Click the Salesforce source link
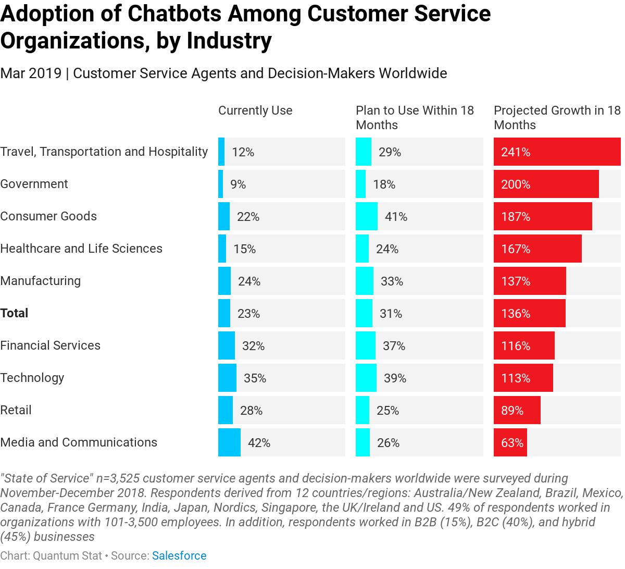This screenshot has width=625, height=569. (179, 556)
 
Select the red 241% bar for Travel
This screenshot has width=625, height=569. (557, 152)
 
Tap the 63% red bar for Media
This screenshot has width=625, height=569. (510, 442)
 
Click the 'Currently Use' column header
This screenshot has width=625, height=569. (255, 110)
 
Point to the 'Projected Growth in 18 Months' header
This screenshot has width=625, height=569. (557, 118)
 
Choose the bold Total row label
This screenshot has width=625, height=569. (14, 313)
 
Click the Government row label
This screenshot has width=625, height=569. (34, 184)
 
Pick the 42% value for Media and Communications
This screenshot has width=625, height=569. (259, 443)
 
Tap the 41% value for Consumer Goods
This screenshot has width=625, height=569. (396, 217)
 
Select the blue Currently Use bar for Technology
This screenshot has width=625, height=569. (227, 378)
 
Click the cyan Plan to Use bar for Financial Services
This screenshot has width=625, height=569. (365, 345)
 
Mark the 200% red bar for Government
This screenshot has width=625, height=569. (546, 184)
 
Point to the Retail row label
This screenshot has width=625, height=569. (16, 410)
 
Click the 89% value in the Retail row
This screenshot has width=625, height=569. (512, 411)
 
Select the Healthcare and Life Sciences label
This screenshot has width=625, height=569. (81, 249)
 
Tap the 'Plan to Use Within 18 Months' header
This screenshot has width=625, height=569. (415, 118)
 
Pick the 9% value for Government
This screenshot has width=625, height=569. (238, 184)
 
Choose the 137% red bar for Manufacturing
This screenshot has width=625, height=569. (529, 281)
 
